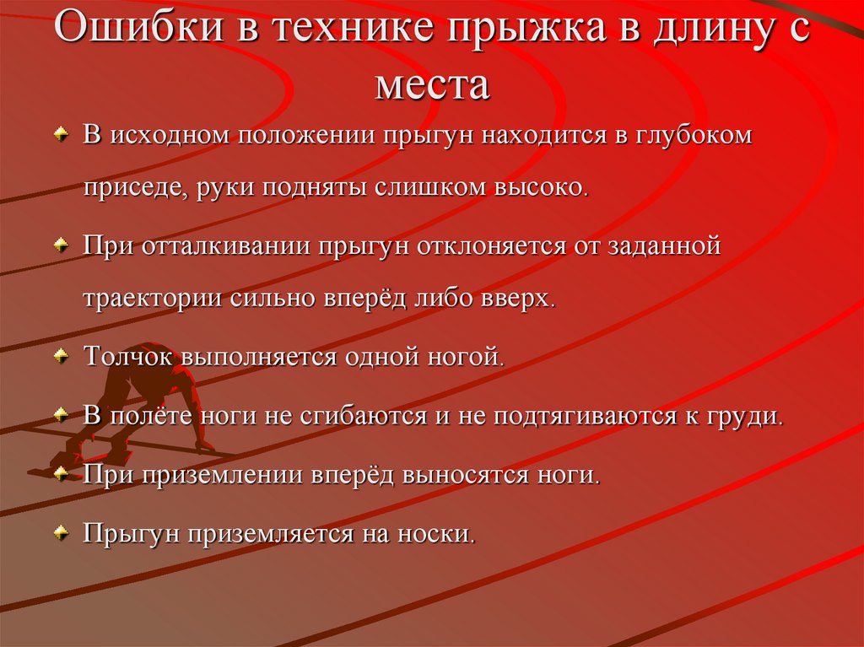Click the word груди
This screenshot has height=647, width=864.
(x=750, y=415)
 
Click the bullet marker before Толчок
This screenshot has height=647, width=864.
(x=61, y=358)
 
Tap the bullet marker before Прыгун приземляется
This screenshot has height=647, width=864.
(x=61, y=535)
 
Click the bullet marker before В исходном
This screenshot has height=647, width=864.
(x=61, y=136)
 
